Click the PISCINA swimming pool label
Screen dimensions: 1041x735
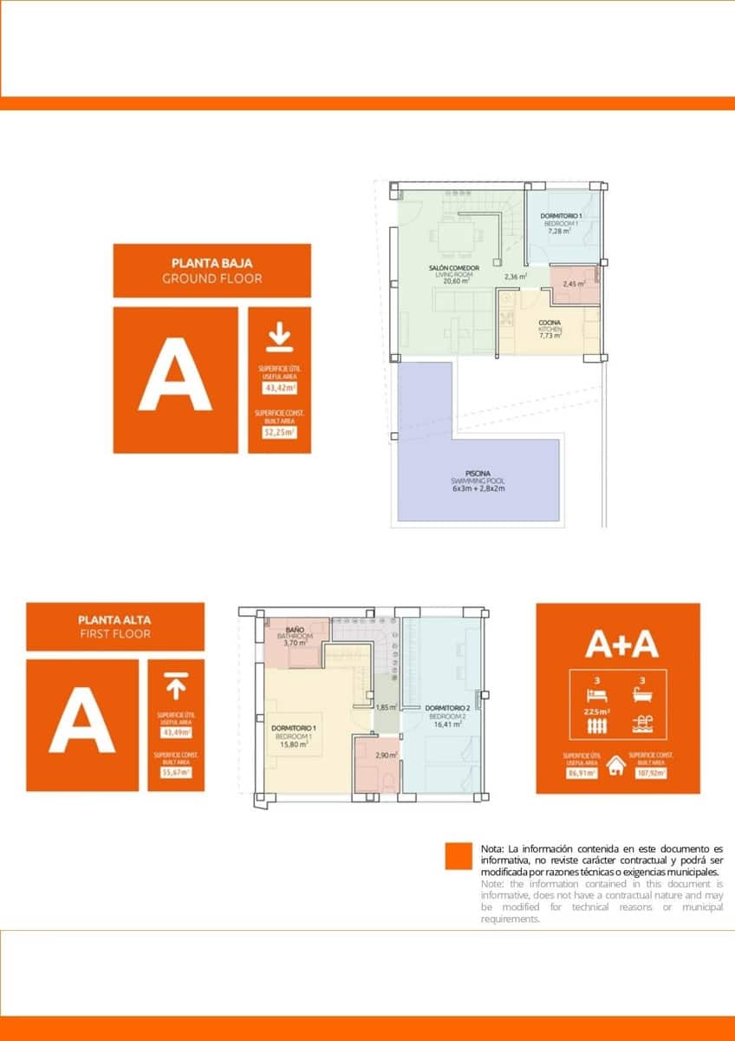pos(478,474)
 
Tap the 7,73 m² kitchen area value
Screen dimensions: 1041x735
pos(550,337)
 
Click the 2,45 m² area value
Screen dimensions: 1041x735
pos(574,284)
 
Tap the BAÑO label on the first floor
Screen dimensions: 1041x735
pos(294,628)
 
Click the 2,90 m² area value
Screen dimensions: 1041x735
pos(387,756)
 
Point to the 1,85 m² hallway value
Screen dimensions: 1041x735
pos(386,707)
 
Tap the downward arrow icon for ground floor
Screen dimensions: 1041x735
pos(279,337)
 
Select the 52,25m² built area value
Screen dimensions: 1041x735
pos(279,431)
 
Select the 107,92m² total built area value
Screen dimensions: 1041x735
pos(653,774)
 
